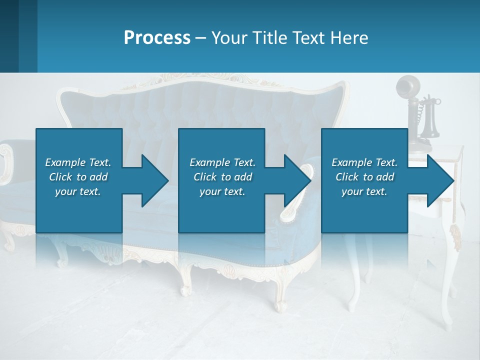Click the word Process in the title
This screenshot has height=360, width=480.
click(157, 38)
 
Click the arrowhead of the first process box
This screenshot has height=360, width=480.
click(155, 180)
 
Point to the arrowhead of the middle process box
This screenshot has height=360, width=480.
click(297, 180)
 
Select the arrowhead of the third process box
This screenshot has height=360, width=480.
click(440, 180)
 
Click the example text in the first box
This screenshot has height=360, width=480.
click(78, 177)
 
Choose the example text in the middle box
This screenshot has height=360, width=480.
click(222, 177)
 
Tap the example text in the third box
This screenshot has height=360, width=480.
click(364, 177)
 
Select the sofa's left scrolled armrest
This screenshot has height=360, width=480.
click(6, 162)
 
